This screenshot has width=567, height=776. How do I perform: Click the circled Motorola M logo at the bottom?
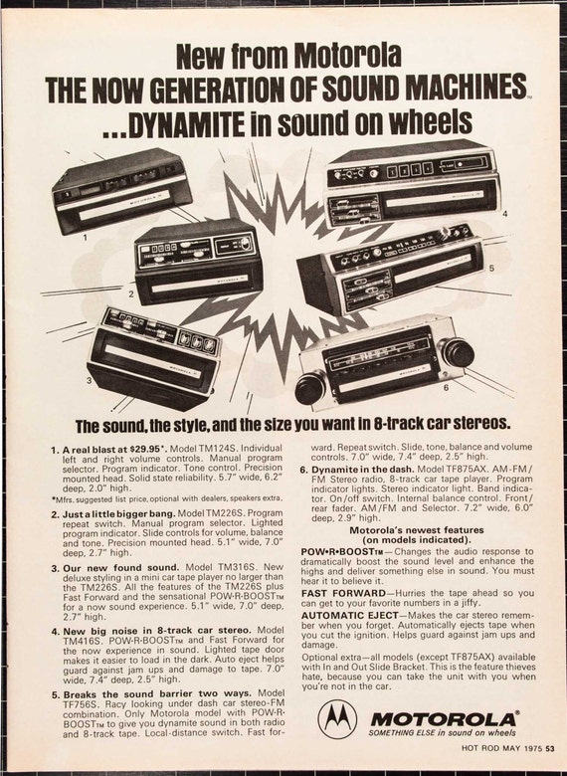click(338, 717)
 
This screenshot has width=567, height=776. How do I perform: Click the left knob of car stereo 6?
click(310, 387)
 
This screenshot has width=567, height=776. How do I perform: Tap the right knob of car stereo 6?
click(457, 351)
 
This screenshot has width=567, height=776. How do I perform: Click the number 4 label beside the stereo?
click(504, 214)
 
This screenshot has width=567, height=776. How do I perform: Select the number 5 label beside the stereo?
click(489, 269)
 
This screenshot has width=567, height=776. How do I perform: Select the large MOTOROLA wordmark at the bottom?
click(443, 718)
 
